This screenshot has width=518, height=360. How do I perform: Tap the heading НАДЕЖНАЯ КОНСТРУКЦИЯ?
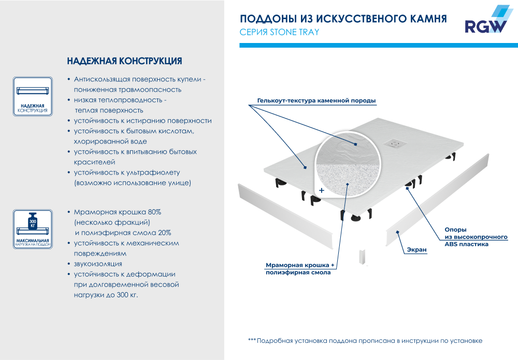pyautogui.click(x=124, y=61)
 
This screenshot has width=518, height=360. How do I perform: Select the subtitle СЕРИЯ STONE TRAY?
pyautogui.click(x=279, y=32)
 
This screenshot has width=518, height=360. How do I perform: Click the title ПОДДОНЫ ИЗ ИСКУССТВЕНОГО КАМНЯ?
pyautogui.click(x=343, y=19)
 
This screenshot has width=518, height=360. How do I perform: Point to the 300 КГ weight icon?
pyautogui.click(x=32, y=221)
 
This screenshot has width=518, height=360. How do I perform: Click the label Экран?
pyautogui.click(x=416, y=250)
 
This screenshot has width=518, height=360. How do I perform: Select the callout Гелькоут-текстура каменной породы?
pyautogui.click(x=316, y=100)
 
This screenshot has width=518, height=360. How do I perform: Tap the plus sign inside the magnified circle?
pyautogui.click(x=322, y=191)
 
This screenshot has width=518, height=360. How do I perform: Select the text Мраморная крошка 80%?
pyautogui.click(x=118, y=212)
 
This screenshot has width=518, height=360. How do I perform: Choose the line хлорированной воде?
pyautogui.click(x=110, y=141)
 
